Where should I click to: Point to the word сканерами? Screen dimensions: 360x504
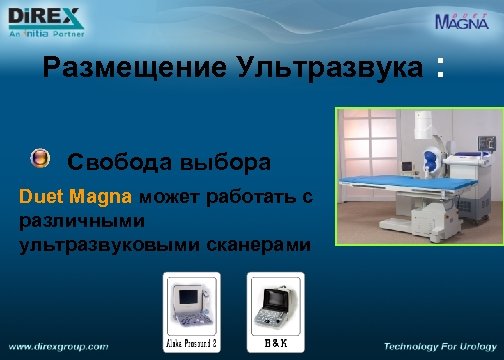coord(262,244)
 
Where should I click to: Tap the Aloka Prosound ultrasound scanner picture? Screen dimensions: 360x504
coord(191,304)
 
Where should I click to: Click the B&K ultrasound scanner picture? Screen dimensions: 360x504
coord(275,305)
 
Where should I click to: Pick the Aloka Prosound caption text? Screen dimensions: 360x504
coord(191,344)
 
